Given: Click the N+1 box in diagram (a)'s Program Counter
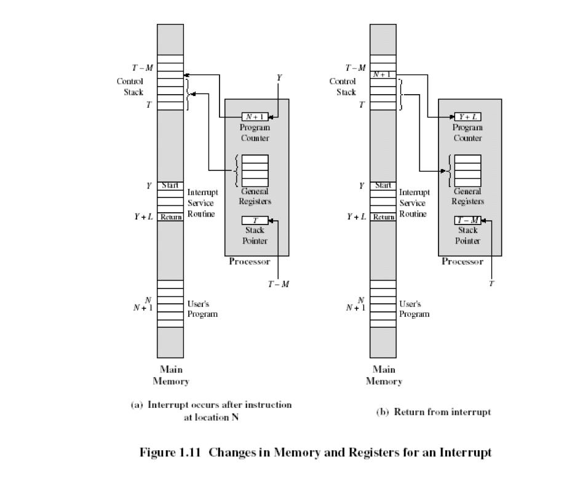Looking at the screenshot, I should click(x=255, y=117).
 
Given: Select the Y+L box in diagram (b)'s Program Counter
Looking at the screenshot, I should click(x=467, y=117).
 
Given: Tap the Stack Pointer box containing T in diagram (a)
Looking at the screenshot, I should click(x=255, y=220).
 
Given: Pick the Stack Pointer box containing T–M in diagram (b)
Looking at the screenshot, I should click(x=467, y=220).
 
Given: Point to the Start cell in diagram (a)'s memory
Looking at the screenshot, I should click(x=170, y=185).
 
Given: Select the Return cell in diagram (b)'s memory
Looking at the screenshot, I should click(x=383, y=217).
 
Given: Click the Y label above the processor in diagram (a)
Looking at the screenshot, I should click(x=280, y=78).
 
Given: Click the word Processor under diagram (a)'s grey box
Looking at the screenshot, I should click(x=250, y=261).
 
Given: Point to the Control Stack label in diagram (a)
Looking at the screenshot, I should click(x=130, y=87).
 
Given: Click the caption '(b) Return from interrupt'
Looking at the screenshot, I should click(x=433, y=412).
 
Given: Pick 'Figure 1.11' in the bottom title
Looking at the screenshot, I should click(x=172, y=453).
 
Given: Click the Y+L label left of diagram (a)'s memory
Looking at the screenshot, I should click(x=145, y=217).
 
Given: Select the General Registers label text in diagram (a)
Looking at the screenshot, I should click(x=255, y=196).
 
